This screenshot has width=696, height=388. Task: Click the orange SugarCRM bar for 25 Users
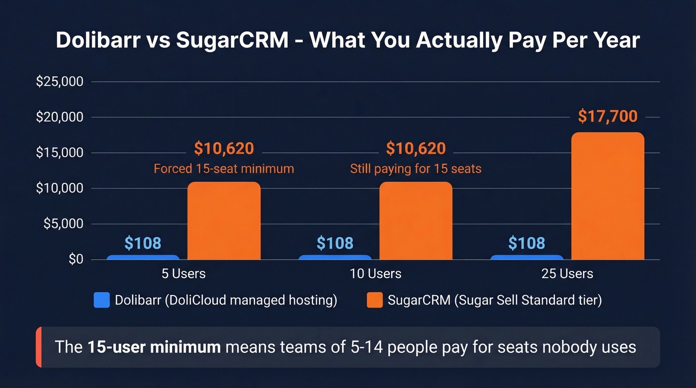608,196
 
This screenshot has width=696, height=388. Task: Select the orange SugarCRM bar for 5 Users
224,221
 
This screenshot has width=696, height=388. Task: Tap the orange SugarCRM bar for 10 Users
416,221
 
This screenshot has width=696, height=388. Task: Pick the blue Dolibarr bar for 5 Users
143,257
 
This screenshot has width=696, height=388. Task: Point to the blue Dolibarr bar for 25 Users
527,257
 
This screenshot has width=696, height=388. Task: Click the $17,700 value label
608,116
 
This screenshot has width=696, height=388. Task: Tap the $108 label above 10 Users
335,243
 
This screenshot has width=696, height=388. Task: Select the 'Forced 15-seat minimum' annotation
224,169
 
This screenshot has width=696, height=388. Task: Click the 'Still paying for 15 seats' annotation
416,169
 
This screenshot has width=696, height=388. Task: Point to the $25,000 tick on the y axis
59,81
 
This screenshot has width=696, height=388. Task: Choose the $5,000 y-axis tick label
63,224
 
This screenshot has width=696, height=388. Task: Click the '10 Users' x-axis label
375,274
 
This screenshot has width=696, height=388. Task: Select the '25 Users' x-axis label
567,274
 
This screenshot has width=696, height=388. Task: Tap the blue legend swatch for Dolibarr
101,300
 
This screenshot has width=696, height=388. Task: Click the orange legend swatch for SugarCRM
374,300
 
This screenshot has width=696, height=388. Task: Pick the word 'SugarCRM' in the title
232,40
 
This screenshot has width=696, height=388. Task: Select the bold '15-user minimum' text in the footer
154,347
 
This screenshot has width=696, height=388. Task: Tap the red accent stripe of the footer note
38,347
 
